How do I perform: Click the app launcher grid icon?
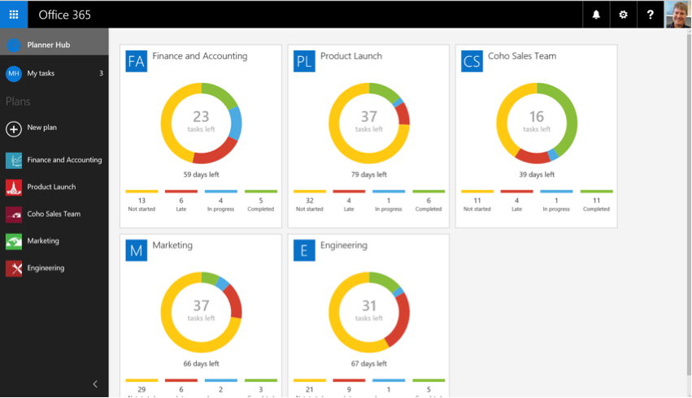pos(14,15)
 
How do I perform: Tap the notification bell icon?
pos(596,15)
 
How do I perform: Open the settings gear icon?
pos(623,15)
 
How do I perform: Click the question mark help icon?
pos(650,15)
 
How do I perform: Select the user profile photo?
pos(677,15)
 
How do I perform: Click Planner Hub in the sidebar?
pos(48,45)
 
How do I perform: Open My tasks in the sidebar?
pos(41,73)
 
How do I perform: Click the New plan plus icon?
pos(14,128)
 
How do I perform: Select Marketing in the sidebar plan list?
pos(43,240)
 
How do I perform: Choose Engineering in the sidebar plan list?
pos(46,267)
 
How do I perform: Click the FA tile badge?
pos(137,61)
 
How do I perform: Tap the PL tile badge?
pos(304,61)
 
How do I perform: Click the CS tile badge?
pos(472,61)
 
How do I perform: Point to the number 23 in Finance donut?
pos(201,117)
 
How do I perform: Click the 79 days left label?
pos(368,174)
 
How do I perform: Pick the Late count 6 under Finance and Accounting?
pos(181,200)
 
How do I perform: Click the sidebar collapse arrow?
pos(95,383)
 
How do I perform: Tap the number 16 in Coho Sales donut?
pos(537,117)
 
